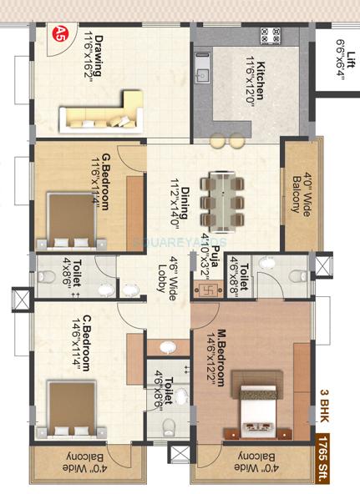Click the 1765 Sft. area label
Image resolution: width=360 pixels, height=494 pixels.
[x=340, y=462]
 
